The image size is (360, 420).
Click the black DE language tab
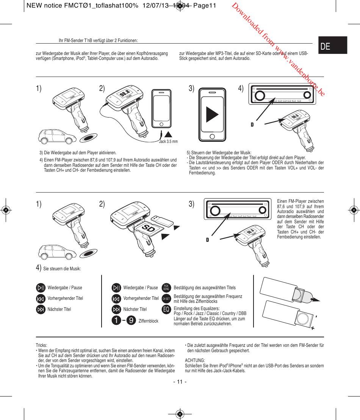333,46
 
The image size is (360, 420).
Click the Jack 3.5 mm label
168,141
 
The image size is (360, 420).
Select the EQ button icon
166,310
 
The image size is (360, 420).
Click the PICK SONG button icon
166,288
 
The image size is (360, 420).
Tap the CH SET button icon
166,299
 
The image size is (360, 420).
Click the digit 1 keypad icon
117,321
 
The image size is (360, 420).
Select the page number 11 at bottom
180,381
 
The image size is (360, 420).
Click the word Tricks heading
41,345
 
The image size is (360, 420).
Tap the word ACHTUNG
195,360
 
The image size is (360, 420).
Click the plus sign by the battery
313,329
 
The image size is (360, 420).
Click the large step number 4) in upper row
241,89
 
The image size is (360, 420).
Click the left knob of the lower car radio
215,211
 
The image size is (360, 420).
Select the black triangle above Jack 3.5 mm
168,134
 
